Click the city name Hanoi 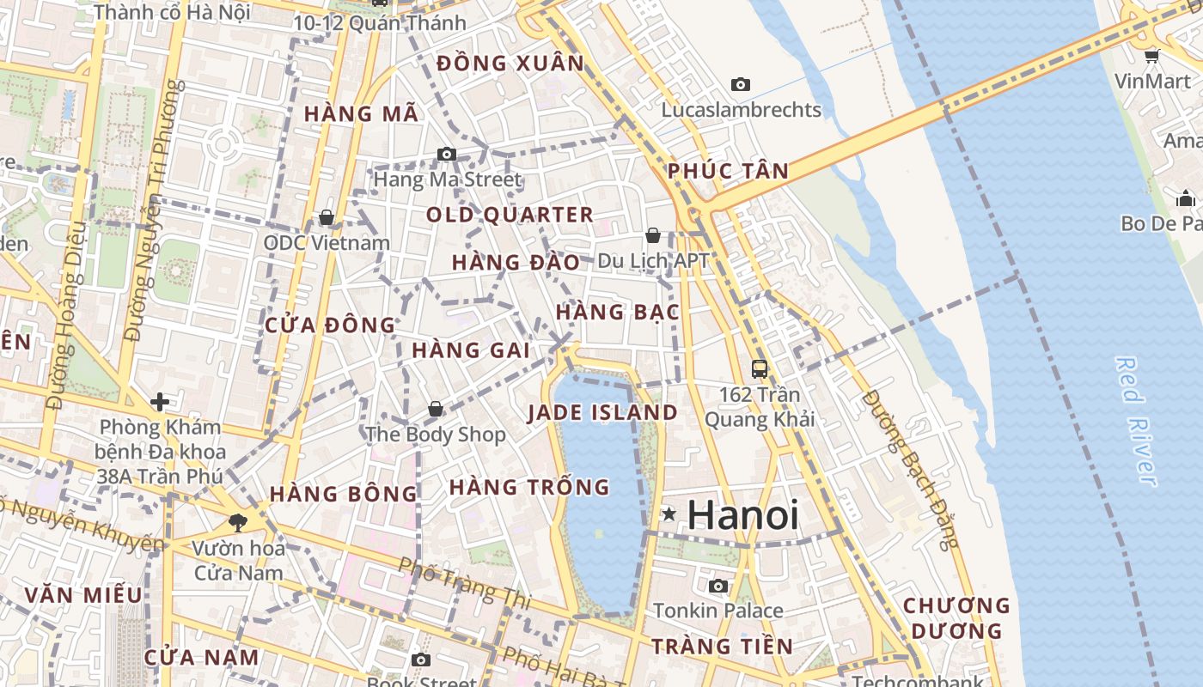[743, 515]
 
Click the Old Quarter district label [510, 215]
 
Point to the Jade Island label [602, 412]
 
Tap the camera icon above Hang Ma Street [447, 154]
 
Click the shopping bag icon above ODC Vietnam [327, 217]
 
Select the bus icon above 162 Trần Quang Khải [760, 368]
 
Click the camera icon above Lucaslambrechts [741, 84]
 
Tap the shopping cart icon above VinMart [1151, 57]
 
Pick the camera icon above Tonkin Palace [718, 586]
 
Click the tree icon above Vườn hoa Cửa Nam [237, 521]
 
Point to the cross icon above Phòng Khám [159, 401]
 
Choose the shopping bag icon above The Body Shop [436, 408]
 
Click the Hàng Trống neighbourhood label [529, 487]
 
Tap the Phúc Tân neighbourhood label [729, 171]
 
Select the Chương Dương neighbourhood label [956, 618]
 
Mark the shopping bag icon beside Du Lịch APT [653, 234]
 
